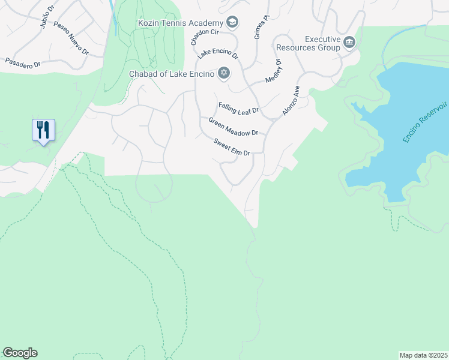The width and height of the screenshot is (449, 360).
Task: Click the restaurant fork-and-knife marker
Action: pyautogui.click(x=43, y=130)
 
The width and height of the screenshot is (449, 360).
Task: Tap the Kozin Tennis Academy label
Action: pyautogui.click(x=180, y=23)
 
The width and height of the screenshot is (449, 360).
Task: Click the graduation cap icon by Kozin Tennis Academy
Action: pyautogui.click(x=232, y=23)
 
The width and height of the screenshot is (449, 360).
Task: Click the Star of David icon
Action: pyautogui.click(x=224, y=73)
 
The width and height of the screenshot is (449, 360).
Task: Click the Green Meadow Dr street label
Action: pyautogui.click(x=233, y=126)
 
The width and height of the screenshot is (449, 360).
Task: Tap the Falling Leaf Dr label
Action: pyautogui.click(x=238, y=107)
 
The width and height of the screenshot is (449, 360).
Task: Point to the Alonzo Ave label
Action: pyautogui.click(x=290, y=100)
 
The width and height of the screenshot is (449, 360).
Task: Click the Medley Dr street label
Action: pyautogui.click(x=273, y=70)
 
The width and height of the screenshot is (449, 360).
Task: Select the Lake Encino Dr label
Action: pyautogui.click(x=219, y=53)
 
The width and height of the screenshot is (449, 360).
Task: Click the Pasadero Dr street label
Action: pyautogui.click(x=23, y=62)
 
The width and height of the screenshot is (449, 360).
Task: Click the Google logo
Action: pyautogui.click(x=20, y=352)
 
